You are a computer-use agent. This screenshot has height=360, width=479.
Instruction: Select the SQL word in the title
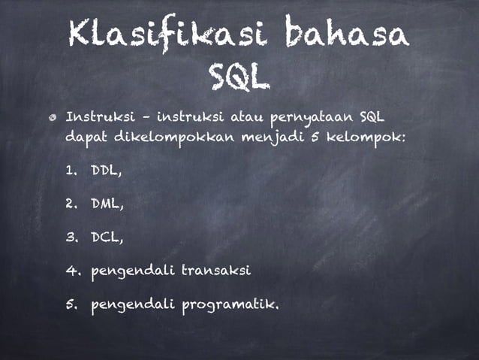(238, 74)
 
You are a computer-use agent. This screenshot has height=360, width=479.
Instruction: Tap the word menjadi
(282, 139)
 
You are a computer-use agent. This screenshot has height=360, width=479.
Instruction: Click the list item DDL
(106, 171)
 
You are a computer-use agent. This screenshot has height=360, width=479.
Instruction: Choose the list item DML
(107, 204)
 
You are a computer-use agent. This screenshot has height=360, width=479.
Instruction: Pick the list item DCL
(106, 237)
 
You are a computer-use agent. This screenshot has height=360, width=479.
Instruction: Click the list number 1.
(71, 171)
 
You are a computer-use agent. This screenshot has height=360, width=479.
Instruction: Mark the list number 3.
(71, 237)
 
